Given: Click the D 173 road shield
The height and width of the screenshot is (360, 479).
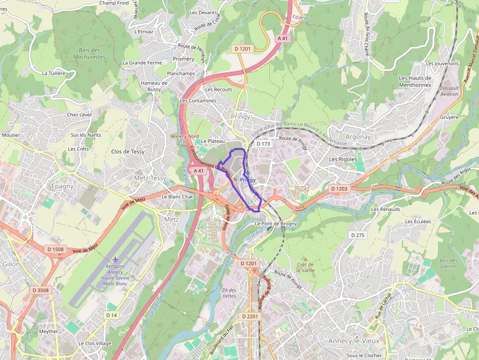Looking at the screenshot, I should point(262,144).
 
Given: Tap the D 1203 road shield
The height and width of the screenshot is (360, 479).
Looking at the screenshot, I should point(339,189).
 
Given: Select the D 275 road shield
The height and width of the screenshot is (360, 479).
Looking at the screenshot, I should point(358,235).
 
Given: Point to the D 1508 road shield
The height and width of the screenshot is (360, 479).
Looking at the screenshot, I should point(55,249).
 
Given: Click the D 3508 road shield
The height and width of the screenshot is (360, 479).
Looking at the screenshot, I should point(41,290).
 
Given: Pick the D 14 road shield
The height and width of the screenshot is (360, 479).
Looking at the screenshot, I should point(112,315).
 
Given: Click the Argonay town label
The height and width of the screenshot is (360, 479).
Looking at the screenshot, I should point(358,137).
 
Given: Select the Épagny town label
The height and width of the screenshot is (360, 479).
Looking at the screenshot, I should point(62,186).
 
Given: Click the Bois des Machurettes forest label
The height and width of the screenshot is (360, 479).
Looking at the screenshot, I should point(89,53).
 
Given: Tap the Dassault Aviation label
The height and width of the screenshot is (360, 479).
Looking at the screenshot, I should point(449,91).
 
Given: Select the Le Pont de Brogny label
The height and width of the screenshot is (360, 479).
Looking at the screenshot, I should point(276,224).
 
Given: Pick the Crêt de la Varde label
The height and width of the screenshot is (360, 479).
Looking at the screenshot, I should point(305,267).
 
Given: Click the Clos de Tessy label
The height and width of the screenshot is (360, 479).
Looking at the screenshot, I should point(128,151).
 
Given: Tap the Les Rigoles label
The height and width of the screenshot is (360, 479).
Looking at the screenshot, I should point(343,159).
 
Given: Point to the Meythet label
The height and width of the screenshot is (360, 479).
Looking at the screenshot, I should point(48,331).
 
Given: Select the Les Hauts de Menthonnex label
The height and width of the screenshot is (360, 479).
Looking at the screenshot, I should point(415,81).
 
